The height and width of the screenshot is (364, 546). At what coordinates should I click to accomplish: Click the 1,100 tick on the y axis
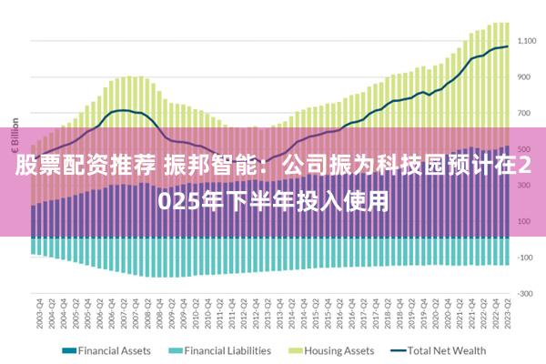pos(527,41)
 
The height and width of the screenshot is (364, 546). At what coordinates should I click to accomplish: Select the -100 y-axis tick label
pos(525,258)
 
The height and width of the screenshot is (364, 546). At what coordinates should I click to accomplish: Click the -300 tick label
pos(525,293)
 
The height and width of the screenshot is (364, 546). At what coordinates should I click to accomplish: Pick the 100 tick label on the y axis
pos(525,221)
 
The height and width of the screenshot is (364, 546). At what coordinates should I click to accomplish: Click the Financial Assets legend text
pos(114,350)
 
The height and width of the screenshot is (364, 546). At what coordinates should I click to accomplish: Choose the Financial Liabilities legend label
pos(227,350)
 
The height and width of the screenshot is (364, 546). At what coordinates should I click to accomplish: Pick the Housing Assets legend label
pos(339,350)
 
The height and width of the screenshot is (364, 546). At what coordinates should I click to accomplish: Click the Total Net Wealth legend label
pos(446,350)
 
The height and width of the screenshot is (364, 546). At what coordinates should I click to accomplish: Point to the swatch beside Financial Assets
pos(67,350)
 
